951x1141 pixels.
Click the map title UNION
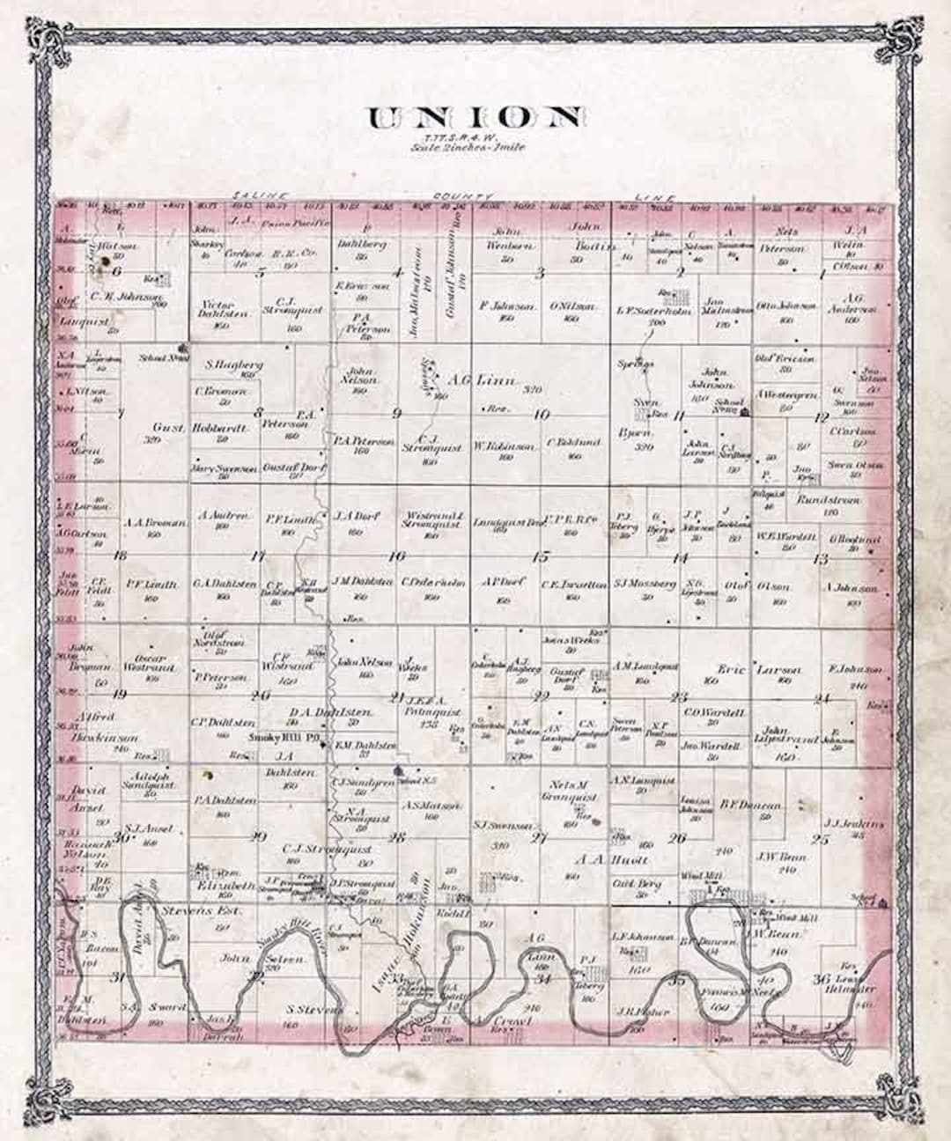point(475,117)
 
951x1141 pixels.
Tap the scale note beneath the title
point(467,148)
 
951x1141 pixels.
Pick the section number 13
point(821,558)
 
